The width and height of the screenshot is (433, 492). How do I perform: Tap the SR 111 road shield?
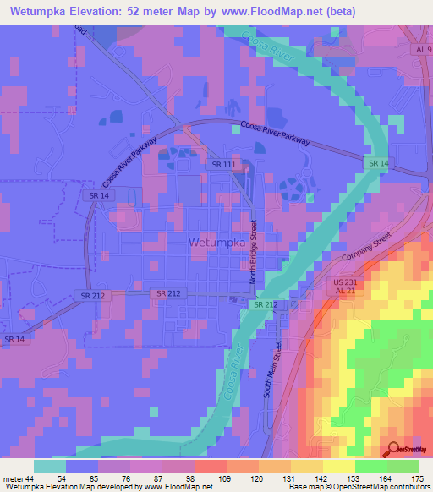point(224,165)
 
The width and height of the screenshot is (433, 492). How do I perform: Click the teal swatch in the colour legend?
point(50,466)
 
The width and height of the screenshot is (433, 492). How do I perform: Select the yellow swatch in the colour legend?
point(339,466)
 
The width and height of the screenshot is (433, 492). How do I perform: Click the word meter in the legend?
point(13,478)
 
